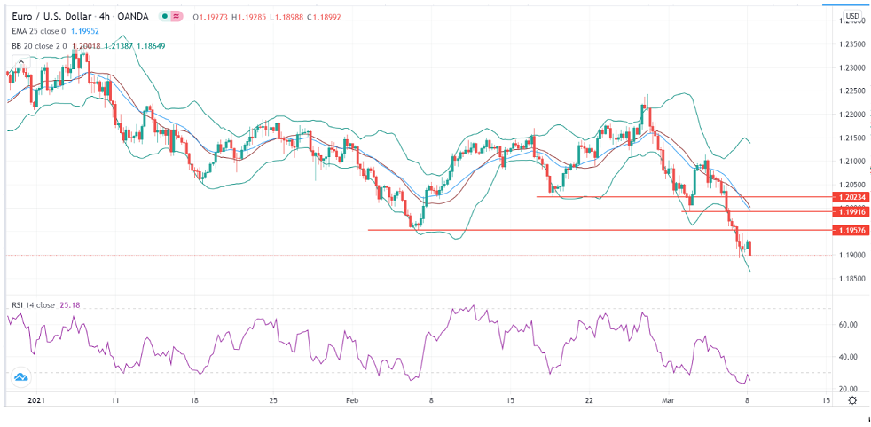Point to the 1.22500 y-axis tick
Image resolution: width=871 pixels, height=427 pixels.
tap(851, 91)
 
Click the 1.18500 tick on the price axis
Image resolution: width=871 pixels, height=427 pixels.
tap(851, 279)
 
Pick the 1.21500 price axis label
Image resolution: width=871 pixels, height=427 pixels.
tap(851, 138)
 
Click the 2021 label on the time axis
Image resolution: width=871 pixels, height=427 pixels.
tap(36, 401)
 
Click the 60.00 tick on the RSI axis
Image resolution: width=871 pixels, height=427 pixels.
tap(848, 325)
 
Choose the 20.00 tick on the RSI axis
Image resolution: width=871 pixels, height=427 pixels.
tap(848, 389)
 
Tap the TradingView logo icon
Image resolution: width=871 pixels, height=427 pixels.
tap(21, 379)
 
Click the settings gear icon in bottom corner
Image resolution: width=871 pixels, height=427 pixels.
tap(851, 401)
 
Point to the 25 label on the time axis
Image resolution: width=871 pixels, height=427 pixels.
tap(274, 401)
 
